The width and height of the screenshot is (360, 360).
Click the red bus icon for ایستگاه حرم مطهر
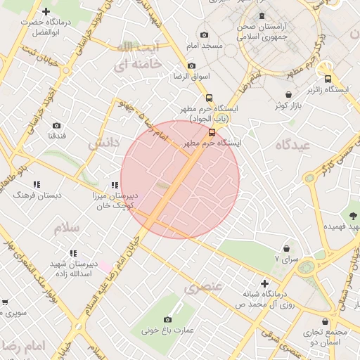212,131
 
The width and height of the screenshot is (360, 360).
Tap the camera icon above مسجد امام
204,35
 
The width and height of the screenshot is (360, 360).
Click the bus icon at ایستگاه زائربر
328,79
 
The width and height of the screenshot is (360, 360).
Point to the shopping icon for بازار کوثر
288,94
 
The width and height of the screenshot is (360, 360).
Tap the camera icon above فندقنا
56,126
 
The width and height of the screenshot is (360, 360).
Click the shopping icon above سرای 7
287,248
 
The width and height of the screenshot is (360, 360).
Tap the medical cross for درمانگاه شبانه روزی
264,283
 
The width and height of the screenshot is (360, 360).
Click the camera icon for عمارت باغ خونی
168,319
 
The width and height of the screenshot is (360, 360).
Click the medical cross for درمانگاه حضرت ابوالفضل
46,11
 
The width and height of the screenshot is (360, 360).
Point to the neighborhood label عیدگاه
292,145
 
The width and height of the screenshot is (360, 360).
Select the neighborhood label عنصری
203,287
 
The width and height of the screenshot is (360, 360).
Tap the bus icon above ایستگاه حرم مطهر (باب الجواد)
209,98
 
